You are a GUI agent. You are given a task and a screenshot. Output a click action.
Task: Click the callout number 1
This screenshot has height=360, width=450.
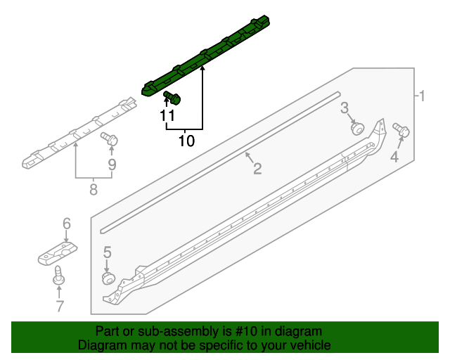(422, 96)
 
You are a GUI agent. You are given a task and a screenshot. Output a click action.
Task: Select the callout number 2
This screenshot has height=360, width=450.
(257, 168)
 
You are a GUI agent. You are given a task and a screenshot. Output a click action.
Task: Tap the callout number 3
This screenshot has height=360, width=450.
(345, 108)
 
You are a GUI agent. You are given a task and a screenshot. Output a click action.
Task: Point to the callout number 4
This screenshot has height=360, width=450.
(394, 157)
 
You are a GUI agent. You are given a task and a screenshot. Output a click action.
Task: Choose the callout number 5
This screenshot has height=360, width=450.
(108, 252)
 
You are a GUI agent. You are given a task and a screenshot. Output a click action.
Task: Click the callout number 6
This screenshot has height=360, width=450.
(67, 224)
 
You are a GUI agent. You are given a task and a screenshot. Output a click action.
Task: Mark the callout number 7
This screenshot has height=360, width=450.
(60, 306)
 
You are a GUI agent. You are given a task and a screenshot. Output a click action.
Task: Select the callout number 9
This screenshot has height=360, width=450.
(111, 165)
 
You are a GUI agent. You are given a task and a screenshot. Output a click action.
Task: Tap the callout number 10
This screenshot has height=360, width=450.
(186, 141)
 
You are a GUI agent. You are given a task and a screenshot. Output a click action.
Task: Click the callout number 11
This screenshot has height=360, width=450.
(167, 116)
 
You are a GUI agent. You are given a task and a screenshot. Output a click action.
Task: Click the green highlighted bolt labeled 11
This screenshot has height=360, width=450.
(172, 97)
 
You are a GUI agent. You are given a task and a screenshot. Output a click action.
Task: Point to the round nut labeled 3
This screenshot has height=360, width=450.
(357, 128)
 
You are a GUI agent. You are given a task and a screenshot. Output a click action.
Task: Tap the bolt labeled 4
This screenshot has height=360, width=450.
(403, 131)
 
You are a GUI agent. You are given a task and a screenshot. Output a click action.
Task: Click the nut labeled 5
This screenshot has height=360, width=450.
(108, 278)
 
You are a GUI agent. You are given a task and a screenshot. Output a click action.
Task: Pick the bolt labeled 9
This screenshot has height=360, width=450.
(109, 139)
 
